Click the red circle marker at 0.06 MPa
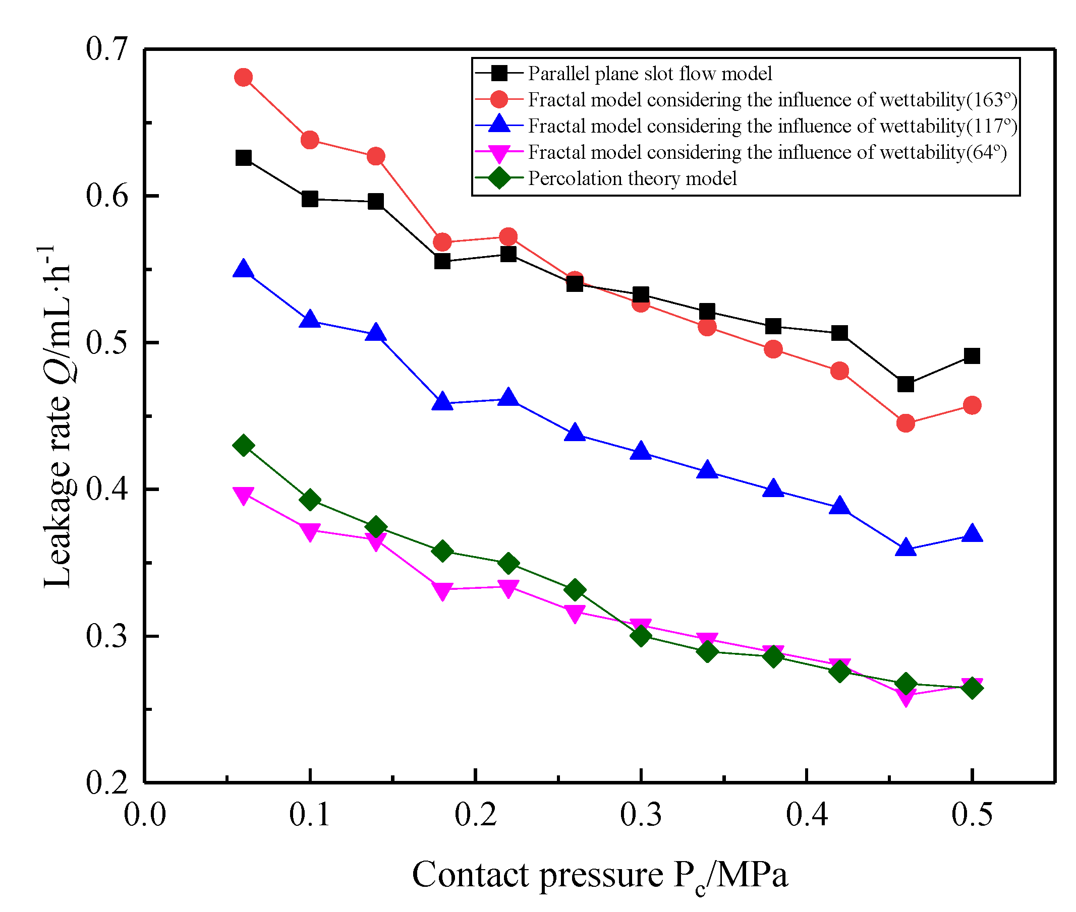point(243,78)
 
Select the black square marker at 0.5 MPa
point(972,356)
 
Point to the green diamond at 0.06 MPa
point(243,445)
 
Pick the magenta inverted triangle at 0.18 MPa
point(442,589)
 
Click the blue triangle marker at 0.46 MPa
point(905,548)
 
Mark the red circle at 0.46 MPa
point(905,423)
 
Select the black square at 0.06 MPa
point(243,158)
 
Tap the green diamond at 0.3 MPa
point(641,635)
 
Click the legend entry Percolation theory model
point(632,178)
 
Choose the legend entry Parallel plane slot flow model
point(649,74)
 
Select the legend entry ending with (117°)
point(772,126)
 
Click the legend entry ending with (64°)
point(767,152)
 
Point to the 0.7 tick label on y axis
point(106,49)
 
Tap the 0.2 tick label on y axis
point(106,782)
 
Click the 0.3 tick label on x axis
point(641,815)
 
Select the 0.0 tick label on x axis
point(144,815)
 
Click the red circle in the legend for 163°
point(499,100)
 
